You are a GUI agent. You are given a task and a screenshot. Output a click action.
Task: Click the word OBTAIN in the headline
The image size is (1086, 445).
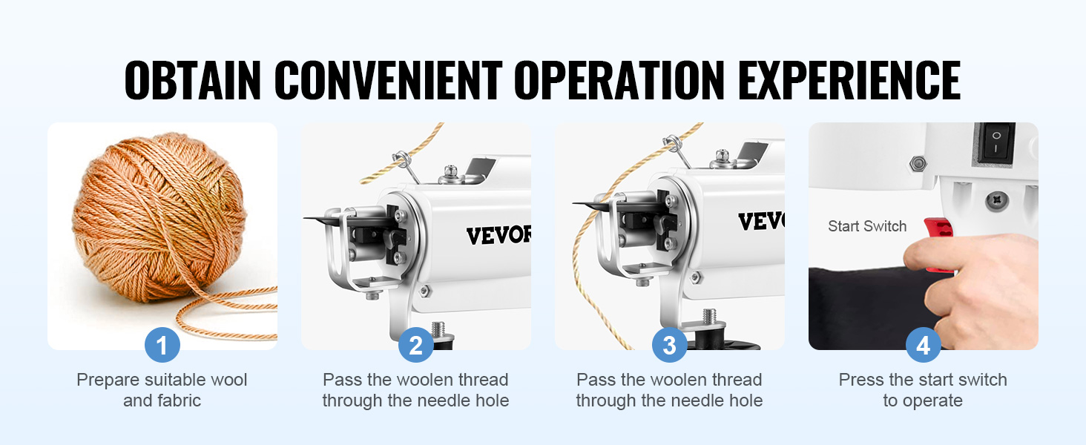click(x=193, y=79)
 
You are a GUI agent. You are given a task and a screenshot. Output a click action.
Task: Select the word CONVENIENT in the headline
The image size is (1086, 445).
click(x=389, y=79)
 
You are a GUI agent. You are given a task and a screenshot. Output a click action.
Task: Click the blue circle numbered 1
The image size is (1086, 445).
click(x=162, y=345)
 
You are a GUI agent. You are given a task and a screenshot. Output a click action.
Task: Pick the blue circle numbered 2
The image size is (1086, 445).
click(x=416, y=345)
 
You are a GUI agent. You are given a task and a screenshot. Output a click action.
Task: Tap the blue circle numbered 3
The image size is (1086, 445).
click(x=670, y=345)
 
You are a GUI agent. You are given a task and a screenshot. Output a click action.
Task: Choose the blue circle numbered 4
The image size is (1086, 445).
click(x=924, y=345)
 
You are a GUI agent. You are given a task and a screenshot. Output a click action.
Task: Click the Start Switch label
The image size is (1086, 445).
click(x=867, y=227)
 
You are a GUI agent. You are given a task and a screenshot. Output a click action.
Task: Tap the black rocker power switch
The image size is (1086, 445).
click(x=997, y=140)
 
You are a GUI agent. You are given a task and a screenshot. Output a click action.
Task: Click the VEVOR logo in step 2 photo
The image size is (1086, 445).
click(x=498, y=235)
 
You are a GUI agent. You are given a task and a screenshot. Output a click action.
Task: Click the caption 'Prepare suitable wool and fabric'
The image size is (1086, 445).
click(x=162, y=390)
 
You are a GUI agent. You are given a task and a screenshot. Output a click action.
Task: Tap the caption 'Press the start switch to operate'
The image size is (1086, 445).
click(x=923, y=390)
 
